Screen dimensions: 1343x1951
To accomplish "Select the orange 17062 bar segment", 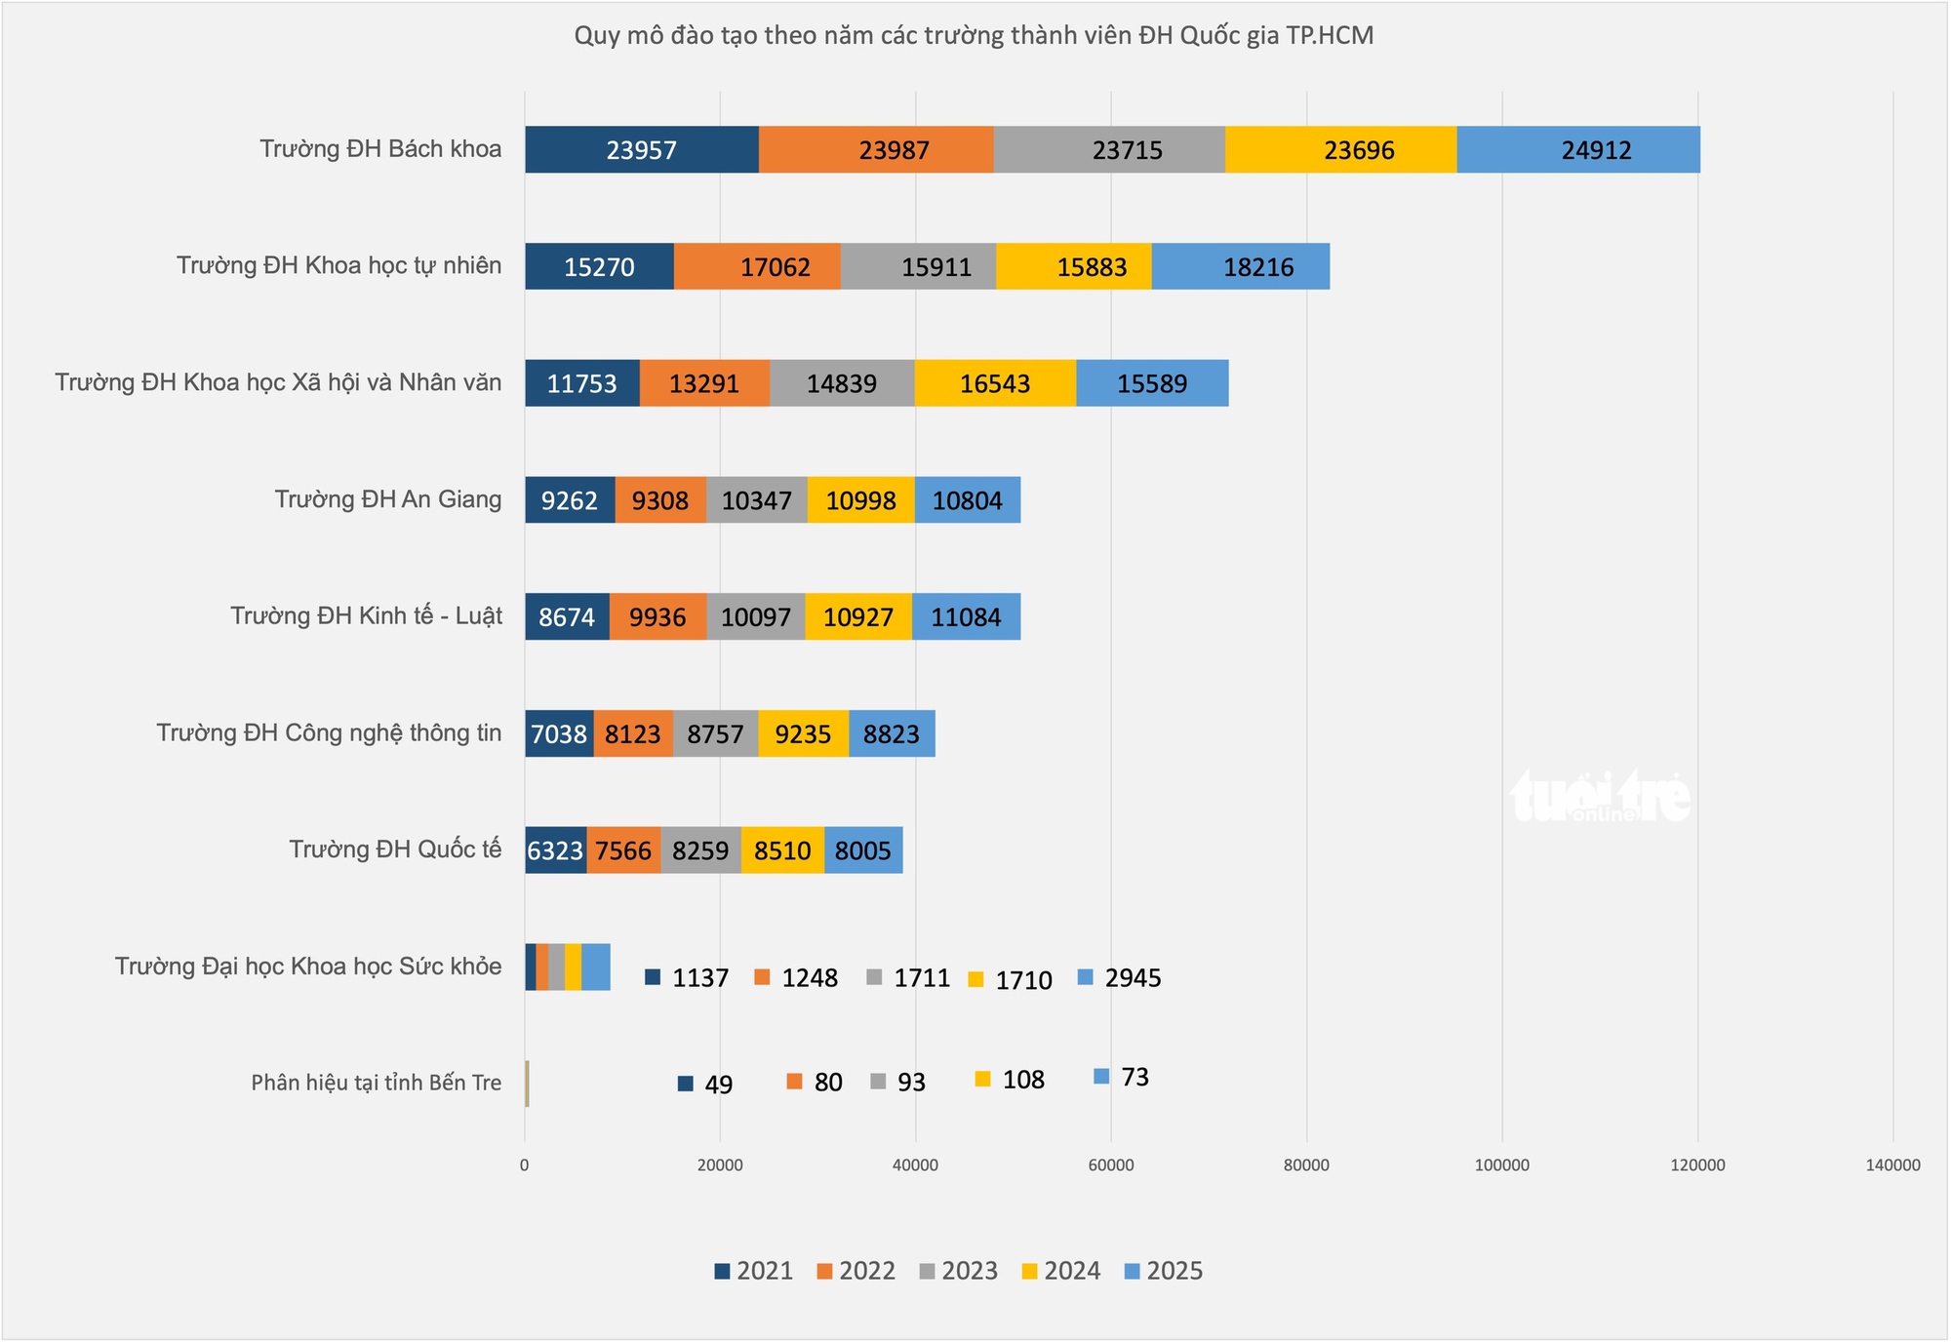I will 757,266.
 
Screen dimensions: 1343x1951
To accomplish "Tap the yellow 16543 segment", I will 995,383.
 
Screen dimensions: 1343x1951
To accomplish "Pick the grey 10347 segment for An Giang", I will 757,500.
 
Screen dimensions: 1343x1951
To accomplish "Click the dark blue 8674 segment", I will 567,617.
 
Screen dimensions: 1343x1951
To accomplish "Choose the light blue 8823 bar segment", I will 892,733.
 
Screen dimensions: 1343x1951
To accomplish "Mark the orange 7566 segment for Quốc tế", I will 623,850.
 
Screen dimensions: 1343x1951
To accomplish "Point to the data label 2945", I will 1133,978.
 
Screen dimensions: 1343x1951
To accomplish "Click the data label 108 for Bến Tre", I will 1023,1080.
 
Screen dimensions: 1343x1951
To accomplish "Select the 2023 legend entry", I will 960,1271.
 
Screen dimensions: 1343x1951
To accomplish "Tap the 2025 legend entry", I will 1165,1271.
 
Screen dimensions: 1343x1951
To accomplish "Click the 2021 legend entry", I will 754,1271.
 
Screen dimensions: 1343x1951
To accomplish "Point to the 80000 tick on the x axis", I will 1306,1165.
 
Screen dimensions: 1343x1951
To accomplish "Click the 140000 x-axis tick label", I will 1892,1165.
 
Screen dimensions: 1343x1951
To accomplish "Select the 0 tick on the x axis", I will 525,1165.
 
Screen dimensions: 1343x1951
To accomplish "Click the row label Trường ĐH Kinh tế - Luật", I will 367,616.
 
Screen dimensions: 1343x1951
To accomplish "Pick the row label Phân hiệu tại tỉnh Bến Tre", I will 377,1083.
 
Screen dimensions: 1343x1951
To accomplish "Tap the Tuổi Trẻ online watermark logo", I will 1600,797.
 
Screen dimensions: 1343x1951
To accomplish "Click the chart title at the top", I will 974,36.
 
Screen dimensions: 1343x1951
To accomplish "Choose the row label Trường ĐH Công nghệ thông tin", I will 329,733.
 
